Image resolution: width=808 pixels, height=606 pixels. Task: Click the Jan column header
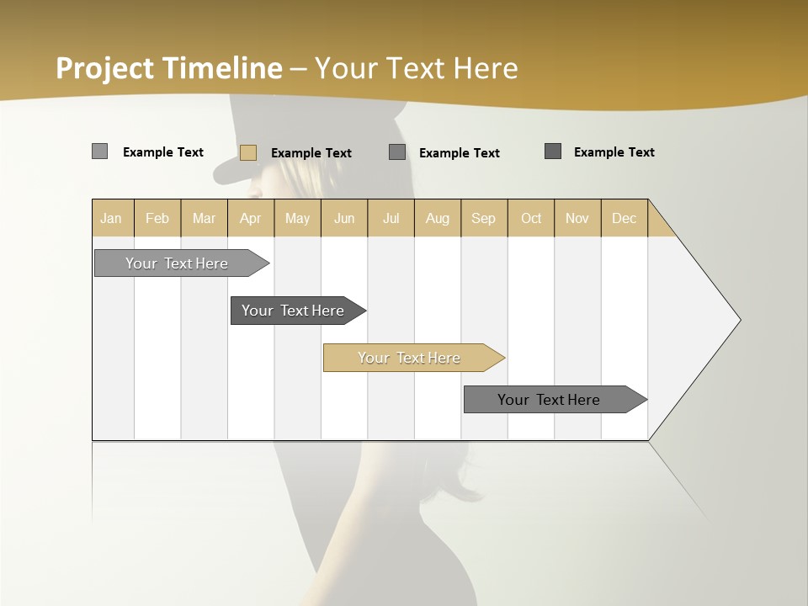point(112,218)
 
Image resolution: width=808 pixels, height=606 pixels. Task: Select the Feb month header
point(157,218)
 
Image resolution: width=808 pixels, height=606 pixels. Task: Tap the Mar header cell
point(204,218)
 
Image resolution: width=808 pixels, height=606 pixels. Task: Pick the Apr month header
point(250,218)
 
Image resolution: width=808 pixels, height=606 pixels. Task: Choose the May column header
point(297,218)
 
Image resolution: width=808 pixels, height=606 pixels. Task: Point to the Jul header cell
point(391,218)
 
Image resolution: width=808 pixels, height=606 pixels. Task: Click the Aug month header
point(437,218)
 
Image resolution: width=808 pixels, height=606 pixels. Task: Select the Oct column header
point(531,218)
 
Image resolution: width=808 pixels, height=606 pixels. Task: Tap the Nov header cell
point(577,218)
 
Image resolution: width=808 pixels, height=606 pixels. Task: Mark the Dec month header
point(624,218)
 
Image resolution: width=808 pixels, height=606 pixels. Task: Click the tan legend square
point(248,152)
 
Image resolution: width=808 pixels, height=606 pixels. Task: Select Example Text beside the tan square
point(311,152)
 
